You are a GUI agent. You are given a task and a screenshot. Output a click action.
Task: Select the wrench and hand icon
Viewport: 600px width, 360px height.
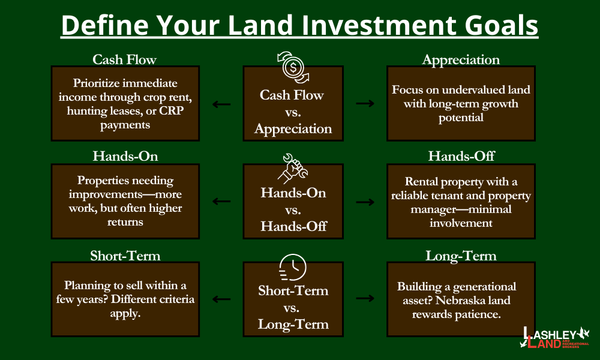pos(293,167)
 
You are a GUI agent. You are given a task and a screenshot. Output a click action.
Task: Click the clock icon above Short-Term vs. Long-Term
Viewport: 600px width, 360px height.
pos(293,267)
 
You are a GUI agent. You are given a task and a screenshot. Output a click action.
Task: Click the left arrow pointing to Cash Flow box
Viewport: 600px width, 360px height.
pos(221,104)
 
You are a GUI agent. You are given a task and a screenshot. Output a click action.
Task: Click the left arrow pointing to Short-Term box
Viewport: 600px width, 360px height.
pos(221,298)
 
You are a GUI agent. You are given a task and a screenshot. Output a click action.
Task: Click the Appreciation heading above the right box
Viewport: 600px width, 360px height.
pos(461,59)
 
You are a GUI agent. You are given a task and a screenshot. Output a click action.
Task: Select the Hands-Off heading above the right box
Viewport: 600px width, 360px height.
pos(461,157)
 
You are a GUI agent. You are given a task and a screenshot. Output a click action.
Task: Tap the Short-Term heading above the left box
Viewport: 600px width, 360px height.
pos(126,256)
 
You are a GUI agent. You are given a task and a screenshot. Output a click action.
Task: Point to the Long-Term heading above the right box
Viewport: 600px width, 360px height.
pos(461,256)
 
